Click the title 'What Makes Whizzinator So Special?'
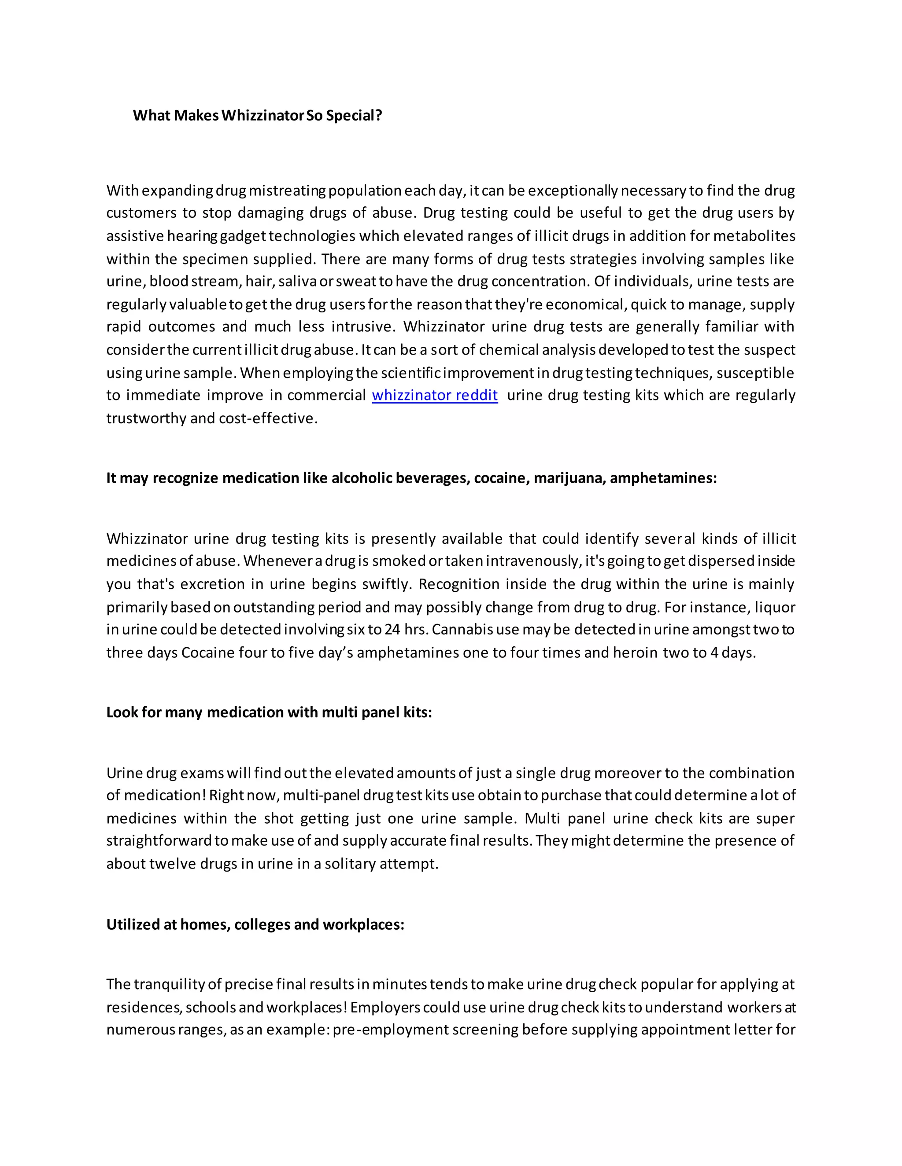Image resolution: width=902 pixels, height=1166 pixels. click(x=257, y=115)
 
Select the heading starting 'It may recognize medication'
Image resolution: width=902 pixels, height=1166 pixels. click(x=411, y=478)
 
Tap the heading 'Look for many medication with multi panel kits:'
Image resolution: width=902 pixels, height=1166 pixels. click(x=269, y=712)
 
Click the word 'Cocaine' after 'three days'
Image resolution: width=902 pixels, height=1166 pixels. click(x=208, y=653)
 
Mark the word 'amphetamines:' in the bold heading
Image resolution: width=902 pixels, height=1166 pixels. click(x=662, y=478)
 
